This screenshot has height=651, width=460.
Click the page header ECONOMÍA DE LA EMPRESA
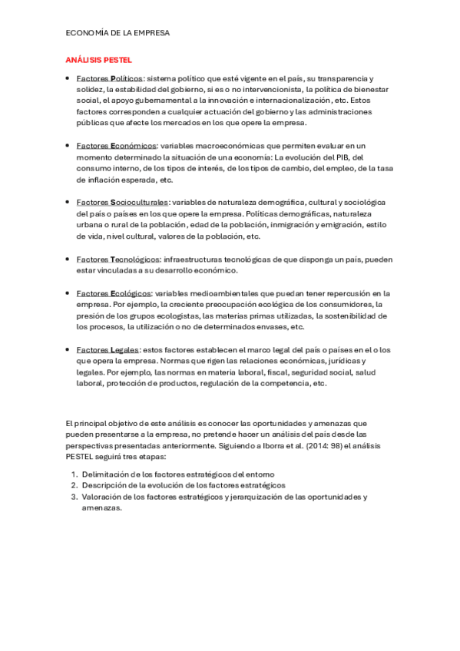coord(117,34)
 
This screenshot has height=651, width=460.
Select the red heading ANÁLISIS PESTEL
coord(98,59)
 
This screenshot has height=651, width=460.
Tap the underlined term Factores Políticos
coord(110,78)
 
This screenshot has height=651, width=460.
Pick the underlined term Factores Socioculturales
coord(122,202)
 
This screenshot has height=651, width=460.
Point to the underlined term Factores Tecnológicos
coord(118,259)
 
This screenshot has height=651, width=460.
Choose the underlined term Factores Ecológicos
coord(114,293)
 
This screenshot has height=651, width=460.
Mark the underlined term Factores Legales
coord(108,350)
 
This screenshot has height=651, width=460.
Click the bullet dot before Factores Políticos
coord(68,78)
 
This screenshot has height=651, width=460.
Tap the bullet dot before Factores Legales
coord(68,350)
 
